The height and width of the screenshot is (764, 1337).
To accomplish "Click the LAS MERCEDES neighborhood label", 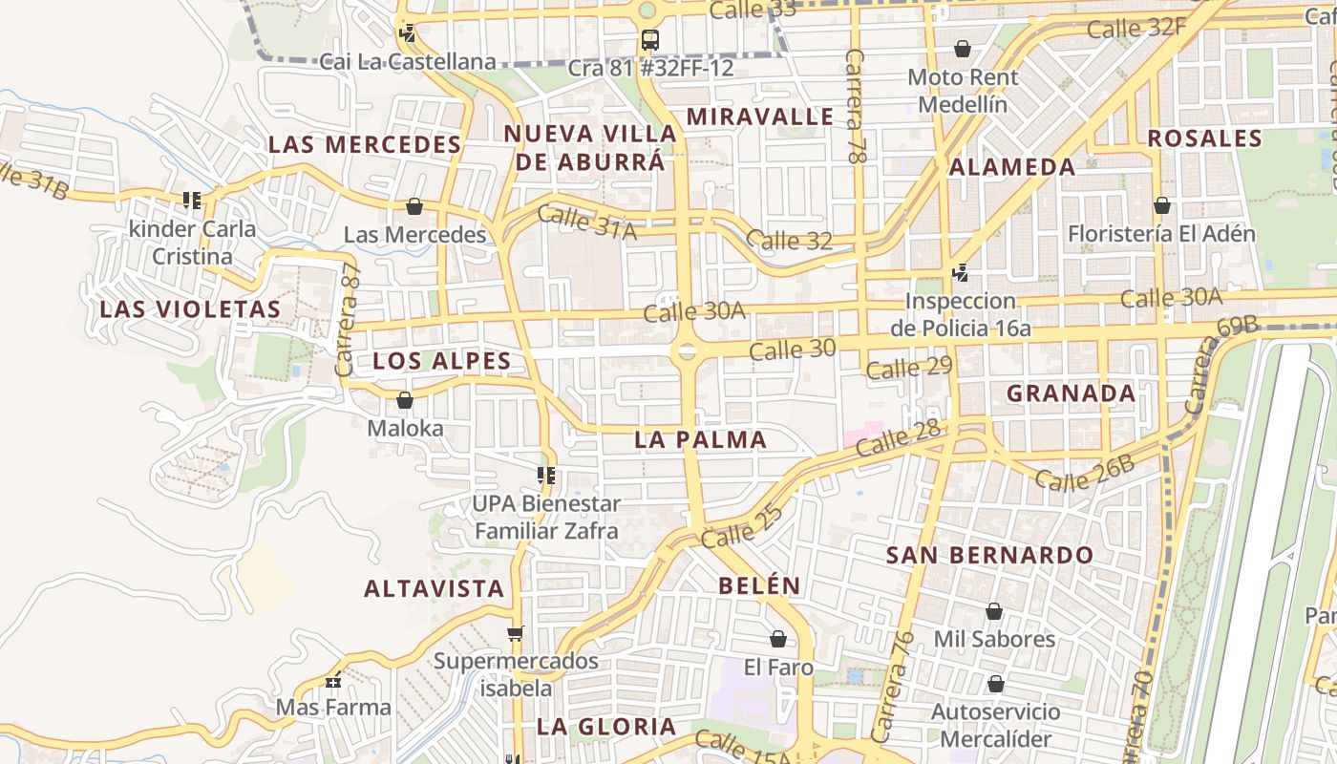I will click(365, 145).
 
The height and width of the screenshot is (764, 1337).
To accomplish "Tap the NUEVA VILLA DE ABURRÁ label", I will click(590, 148).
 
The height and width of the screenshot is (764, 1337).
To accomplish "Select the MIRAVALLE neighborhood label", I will click(760, 117).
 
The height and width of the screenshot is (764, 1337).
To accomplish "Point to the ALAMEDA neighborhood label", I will click(1012, 167).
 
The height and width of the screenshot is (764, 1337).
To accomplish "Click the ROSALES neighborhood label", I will click(1205, 138).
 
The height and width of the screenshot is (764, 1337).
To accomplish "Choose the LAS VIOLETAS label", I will click(190, 309).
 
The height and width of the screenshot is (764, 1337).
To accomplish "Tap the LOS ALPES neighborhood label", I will click(442, 361).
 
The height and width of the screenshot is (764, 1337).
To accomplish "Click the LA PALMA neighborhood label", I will click(701, 440).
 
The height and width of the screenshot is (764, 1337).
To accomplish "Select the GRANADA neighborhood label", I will click(1072, 393).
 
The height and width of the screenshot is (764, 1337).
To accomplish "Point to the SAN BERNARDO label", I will click(990, 555).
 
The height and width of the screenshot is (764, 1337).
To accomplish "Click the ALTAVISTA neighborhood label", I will click(434, 588).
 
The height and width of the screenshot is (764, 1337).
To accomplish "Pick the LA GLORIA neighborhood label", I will click(606, 727).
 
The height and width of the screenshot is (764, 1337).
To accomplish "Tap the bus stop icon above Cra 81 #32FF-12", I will click(650, 40).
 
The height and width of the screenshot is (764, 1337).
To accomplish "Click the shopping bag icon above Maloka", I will click(405, 400).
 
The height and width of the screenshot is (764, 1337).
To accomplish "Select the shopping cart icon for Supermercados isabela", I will click(516, 633).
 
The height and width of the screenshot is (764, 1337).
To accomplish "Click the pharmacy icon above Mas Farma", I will click(333, 681).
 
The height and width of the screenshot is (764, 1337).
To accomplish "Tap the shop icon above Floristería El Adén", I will click(1162, 205).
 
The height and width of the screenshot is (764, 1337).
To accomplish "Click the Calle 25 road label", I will click(742, 526).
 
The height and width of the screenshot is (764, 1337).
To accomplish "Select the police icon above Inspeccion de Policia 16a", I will click(961, 274).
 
